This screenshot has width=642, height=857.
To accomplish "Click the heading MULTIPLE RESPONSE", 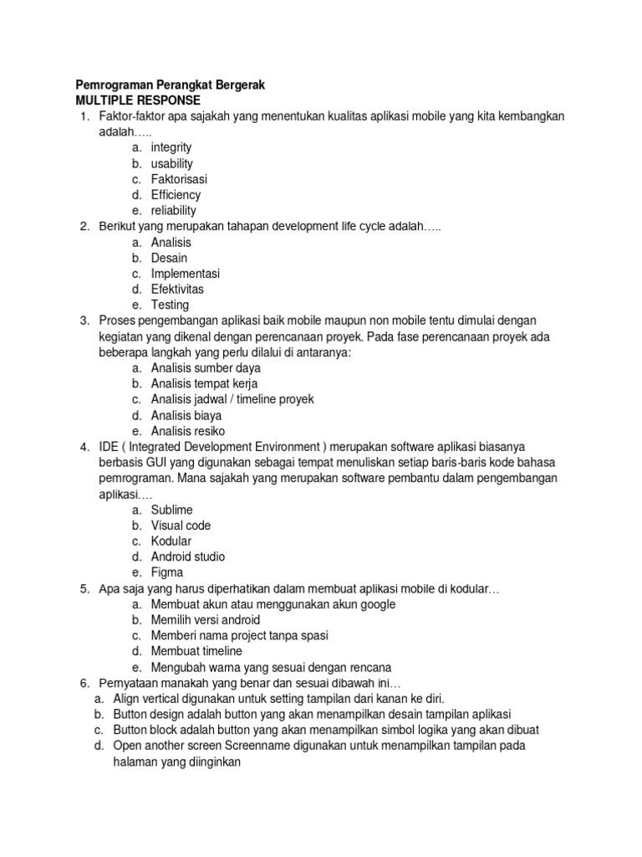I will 138,100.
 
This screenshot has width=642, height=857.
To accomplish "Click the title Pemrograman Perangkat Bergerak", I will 170,85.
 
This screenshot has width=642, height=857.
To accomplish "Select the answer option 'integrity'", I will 171,147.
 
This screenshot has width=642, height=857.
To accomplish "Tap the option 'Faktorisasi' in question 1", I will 179,179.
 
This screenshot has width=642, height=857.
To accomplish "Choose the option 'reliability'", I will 174,211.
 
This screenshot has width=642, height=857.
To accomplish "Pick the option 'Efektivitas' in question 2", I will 177,290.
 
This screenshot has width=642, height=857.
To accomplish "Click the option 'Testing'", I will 170,305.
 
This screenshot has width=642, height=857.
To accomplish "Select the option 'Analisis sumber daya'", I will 206,368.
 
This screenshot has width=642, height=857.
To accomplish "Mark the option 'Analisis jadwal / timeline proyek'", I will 232,399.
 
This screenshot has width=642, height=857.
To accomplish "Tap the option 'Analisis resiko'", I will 188,431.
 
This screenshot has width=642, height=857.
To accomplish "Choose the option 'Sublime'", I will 172,510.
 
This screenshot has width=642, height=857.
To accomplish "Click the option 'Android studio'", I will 188,557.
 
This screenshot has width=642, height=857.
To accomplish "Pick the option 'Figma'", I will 166,572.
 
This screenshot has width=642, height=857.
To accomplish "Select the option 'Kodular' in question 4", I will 171,541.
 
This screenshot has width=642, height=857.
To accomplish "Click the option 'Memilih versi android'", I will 206,620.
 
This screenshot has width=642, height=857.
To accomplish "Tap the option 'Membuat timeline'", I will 196,651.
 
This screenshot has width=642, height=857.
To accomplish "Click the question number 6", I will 84,683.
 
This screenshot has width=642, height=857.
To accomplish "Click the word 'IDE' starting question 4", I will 109,447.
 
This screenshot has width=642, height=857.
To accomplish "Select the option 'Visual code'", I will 181,526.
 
